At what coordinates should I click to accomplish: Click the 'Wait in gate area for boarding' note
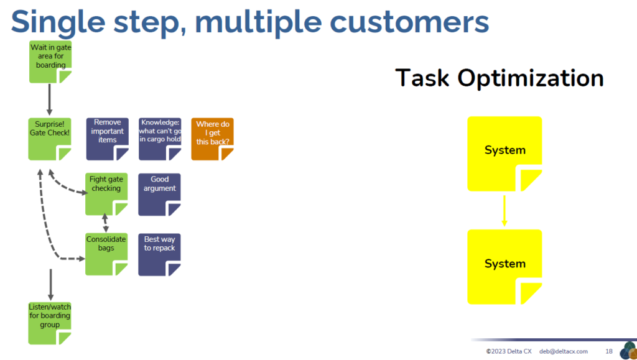pyautogui.click(x=50, y=62)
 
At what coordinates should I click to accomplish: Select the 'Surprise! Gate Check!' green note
pyautogui.click(x=50, y=139)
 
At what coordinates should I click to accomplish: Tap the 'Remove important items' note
pyautogui.click(x=107, y=139)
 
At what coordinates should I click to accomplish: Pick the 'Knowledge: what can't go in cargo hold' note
pyautogui.click(x=160, y=139)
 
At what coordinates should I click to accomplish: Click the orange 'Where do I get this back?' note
pyautogui.click(x=213, y=139)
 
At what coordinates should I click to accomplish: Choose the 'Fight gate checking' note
pyautogui.click(x=106, y=194)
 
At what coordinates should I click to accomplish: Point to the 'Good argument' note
pyautogui.click(x=159, y=195)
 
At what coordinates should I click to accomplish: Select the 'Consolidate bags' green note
pyautogui.click(x=106, y=254)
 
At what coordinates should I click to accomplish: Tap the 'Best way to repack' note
pyautogui.click(x=159, y=254)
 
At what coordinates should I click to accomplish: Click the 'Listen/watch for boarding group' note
pyautogui.click(x=50, y=323)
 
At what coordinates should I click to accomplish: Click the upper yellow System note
pyautogui.click(x=504, y=154)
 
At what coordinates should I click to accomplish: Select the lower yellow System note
pyautogui.click(x=504, y=267)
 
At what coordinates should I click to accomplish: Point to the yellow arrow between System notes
pyautogui.click(x=504, y=211)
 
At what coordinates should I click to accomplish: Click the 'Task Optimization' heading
pyautogui.click(x=500, y=78)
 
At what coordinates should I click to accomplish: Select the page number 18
pyautogui.click(x=608, y=351)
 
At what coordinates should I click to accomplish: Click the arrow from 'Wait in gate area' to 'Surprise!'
pyautogui.click(x=50, y=99)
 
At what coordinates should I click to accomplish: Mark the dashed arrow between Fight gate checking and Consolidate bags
pyautogui.click(x=105, y=223)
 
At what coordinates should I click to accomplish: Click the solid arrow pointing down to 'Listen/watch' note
pyautogui.click(x=50, y=285)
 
